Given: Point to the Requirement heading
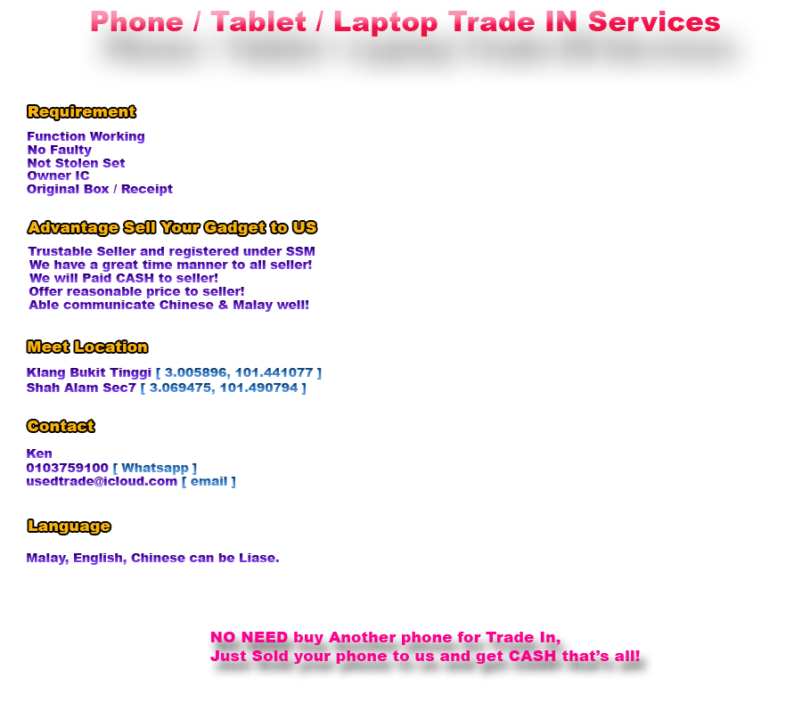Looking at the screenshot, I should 81,111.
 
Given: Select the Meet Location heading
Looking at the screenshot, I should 87,347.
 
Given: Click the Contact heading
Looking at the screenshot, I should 61,426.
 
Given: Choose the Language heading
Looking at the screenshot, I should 69,526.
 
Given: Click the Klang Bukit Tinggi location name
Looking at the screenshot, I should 89,373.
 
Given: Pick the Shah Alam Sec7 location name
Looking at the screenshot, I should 82,388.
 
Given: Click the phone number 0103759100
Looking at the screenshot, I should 68,468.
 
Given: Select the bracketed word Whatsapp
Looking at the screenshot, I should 154,468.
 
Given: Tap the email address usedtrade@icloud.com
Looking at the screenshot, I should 102,482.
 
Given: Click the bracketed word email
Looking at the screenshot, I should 209,482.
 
